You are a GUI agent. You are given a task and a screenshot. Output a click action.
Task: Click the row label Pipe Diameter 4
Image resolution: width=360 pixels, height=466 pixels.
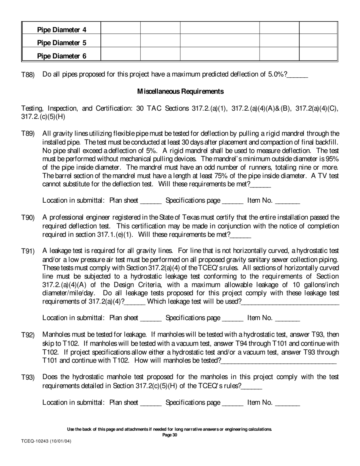pyautogui.click(x=61, y=30)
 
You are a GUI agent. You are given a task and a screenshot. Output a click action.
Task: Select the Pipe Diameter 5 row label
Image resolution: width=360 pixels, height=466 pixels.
pyautogui.click(x=61, y=43)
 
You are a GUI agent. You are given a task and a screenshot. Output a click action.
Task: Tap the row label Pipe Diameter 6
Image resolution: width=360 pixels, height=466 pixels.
pyautogui.click(x=61, y=56)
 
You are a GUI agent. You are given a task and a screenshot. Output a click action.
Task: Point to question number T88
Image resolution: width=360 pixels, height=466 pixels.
pyautogui.click(x=28, y=75)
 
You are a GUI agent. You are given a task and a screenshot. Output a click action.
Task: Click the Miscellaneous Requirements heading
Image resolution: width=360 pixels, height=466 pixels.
pyautogui.click(x=180, y=91)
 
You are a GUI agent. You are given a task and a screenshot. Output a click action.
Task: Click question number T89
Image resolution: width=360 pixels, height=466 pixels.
pyautogui.click(x=28, y=134)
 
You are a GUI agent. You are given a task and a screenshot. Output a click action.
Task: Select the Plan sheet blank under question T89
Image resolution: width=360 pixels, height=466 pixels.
pyautogui.click(x=151, y=201)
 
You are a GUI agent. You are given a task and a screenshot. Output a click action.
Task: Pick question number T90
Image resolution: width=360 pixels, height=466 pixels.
pyautogui.click(x=28, y=218)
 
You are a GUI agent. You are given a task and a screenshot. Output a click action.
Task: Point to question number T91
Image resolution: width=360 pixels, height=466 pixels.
pyautogui.click(x=28, y=251)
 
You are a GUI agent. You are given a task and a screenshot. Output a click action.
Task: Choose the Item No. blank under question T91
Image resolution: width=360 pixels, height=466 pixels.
pyautogui.click(x=287, y=318)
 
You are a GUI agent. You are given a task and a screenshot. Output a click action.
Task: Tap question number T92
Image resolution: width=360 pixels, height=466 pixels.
pyautogui.click(x=28, y=335)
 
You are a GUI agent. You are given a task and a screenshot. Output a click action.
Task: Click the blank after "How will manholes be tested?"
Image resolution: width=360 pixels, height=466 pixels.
pyautogui.click(x=279, y=361)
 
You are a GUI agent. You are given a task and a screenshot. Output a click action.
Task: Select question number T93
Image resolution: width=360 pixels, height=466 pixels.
pyautogui.click(x=28, y=377)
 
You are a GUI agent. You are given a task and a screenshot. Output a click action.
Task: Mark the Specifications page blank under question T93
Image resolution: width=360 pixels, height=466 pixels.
pyautogui.click(x=232, y=403)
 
